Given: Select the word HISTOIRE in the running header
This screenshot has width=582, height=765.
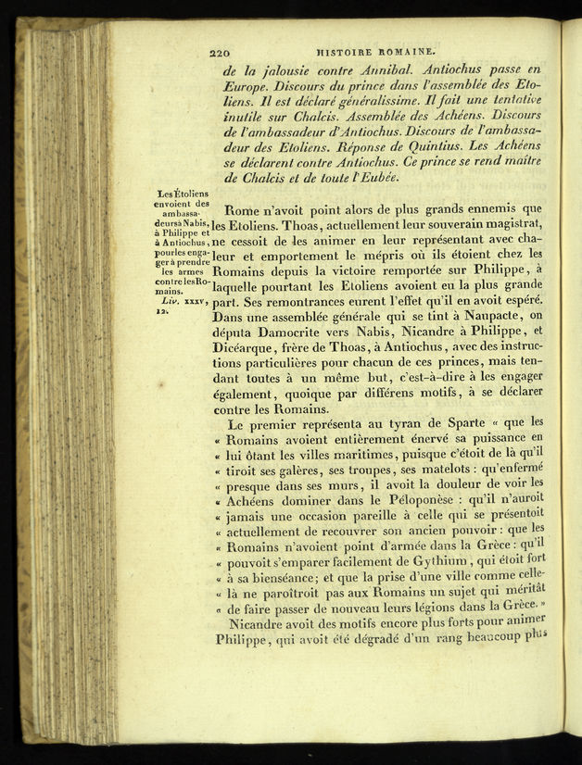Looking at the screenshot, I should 346,55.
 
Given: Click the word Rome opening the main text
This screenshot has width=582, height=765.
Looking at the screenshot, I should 243,209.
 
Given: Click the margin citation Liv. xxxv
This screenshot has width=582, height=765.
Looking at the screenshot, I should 180,301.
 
